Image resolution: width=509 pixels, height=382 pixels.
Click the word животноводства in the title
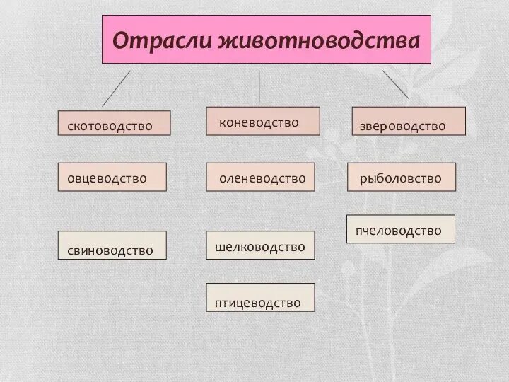pyautogui.click(x=317, y=39)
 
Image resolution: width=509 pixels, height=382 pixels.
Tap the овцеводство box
pyautogui.click(x=112, y=178)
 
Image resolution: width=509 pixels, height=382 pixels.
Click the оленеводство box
pyautogui.click(x=260, y=178)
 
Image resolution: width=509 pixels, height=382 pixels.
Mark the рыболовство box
pyautogui.click(x=402, y=178)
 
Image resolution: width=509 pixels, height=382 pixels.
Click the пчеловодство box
pyautogui.click(x=400, y=230)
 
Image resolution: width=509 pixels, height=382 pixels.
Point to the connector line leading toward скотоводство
pyautogui.click(x=116, y=88)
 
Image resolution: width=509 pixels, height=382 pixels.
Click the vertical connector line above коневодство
pyautogui.click(x=259, y=86)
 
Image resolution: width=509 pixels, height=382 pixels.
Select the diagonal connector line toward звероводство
pyautogui.click(x=396, y=85)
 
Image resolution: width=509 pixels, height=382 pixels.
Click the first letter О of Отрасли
pyautogui.click(x=121, y=39)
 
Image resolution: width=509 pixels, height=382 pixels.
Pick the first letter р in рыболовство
pyautogui.click(x=363, y=180)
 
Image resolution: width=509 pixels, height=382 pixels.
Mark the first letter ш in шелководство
pyautogui.click(x=220, y=247)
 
